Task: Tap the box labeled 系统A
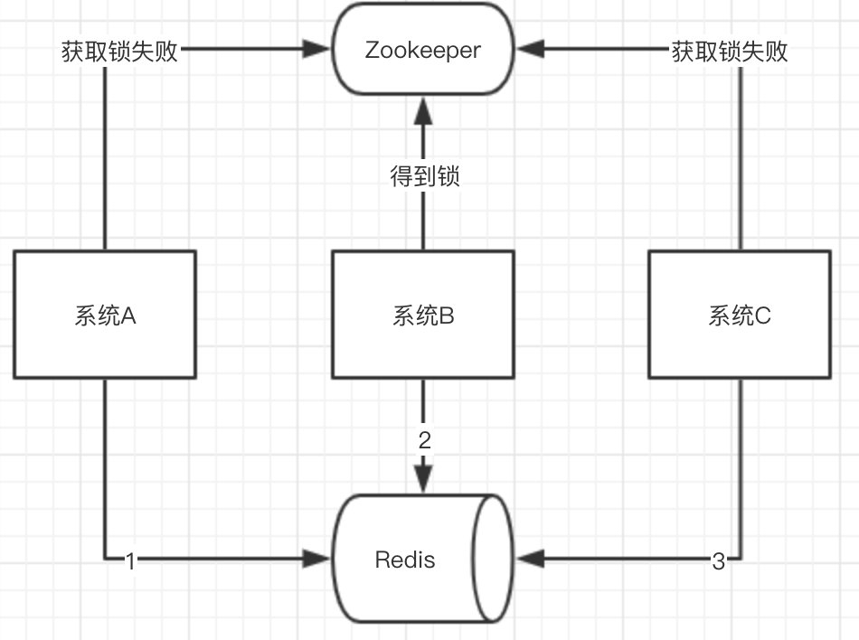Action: click(105, 315)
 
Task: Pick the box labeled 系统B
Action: click(422, 315)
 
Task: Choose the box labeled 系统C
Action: click(740, 315)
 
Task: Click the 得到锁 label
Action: click(424, 176)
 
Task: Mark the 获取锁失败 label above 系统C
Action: click(729, 52)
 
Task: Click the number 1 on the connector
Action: click(130, 561)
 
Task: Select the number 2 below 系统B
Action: click(424, 441)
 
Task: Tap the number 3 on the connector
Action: click(718, 561)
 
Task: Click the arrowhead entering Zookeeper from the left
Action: click(320, 52)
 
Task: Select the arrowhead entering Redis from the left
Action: click(320, 560)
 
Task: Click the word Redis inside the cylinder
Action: click(405, 560)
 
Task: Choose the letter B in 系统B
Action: click(447, 315)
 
